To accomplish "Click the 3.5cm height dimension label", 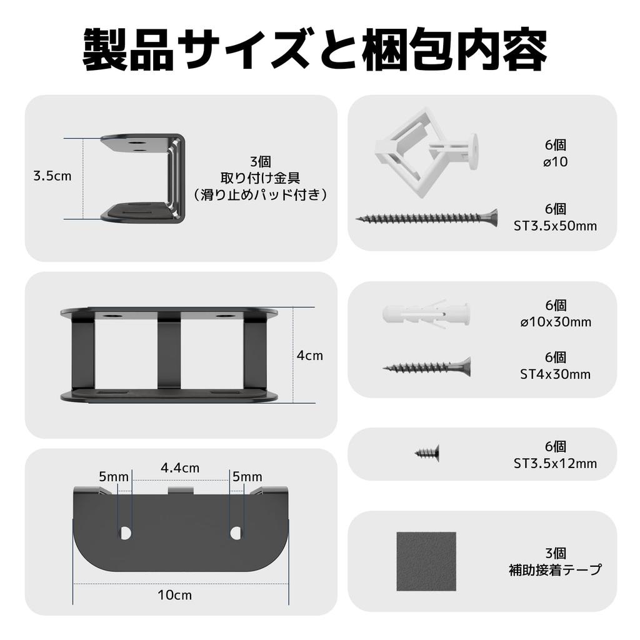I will tap(52, 176).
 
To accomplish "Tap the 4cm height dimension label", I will tap(310, 356).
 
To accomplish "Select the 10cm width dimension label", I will tap(175, 595).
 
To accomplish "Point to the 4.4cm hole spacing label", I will tap(180, 467).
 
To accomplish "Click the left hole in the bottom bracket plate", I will tap(125, 532).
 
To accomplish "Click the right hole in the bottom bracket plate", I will tap(236, 532).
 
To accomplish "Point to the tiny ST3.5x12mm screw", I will tap(427, 451).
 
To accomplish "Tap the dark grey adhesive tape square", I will tap(426, 561).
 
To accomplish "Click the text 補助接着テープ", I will tap(555, 570).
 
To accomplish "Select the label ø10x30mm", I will tap(555, 322).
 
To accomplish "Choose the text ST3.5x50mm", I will tap(555, 226).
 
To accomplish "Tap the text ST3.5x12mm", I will tap(555, 464).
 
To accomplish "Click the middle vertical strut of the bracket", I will tap(169, 355).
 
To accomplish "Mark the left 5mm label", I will tap(113, 477).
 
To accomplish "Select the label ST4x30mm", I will tap(555, 374).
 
